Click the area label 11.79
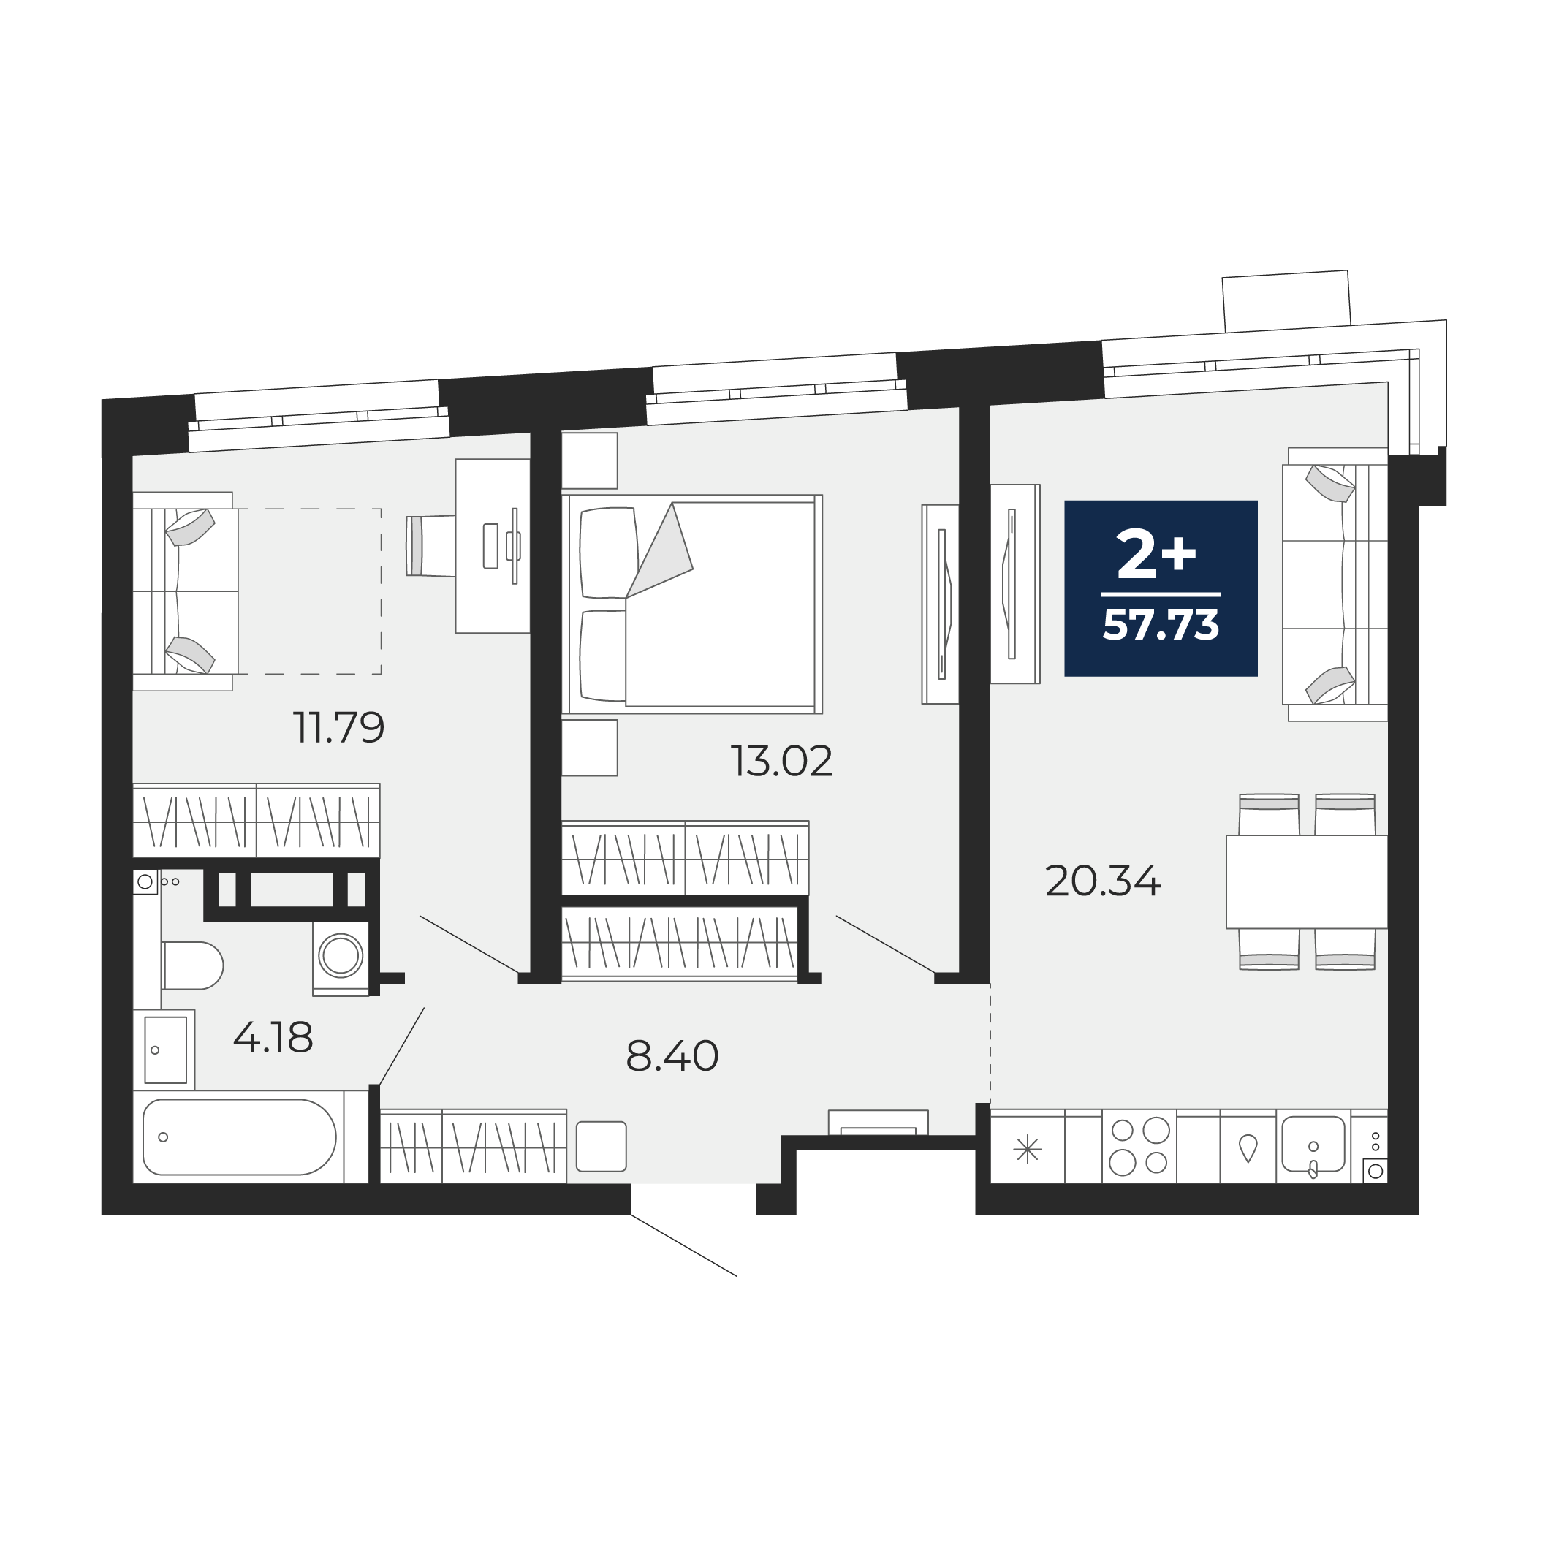tap(340, 729)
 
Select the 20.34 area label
tap(1104, 881)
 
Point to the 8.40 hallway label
tap(672, 1056)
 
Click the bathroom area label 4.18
tap(273, 1038)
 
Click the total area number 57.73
tap(1161, 625)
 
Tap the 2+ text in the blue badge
tap(1157, 555)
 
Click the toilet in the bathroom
tap(192, 965)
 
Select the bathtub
tap(240, 1137)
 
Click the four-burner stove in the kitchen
tap(1139, 1146)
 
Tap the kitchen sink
tap(1313, 1144)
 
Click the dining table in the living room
tap(1307, 882)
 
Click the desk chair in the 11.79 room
tap(430, 546)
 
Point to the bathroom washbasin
tap(166, 1050)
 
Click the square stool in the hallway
tap(601, 1147)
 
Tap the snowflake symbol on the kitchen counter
tap(1027, 1150)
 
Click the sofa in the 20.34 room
tap(1335, 584)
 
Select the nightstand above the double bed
tap(590, 460)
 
